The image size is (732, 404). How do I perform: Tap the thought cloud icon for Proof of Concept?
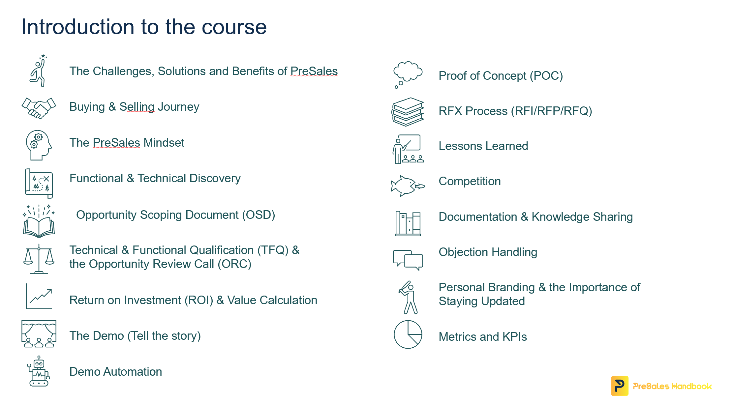tap(408, 74)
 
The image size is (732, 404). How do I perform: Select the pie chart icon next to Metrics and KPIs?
tap(408, 334)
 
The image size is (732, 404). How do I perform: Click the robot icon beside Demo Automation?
tap(39, 371)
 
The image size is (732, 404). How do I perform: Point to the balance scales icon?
tap(39, 259)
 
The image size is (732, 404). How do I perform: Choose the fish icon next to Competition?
tap(408, 186)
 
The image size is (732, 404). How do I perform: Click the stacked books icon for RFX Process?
tap(408, 112)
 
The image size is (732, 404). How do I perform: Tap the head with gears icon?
tap(39, 145)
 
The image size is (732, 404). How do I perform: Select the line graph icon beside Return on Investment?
tap(39, 296)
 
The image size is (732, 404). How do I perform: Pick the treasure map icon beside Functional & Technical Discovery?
tap(39, 183)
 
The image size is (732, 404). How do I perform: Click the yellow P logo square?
tap(620, 386)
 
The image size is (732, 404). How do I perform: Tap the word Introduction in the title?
tap(78, 27)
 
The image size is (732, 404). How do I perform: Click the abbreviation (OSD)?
tap(259, 215)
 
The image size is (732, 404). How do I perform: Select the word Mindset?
tap(164, 143)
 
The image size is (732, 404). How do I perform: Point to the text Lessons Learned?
tap(483, 146)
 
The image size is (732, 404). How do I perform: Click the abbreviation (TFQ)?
tap(273, 250)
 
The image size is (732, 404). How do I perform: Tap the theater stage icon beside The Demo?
tap(39, 334)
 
